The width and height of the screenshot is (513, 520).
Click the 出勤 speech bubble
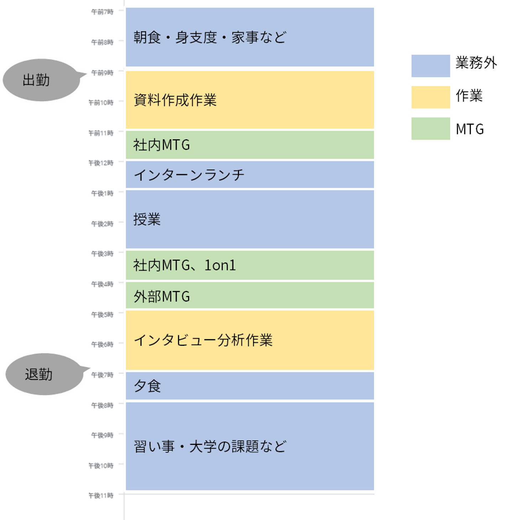(41, 80)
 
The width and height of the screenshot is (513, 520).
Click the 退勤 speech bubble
(43, 374)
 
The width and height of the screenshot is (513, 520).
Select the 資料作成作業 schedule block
(249, 100)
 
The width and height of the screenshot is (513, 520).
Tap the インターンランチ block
(249, 175)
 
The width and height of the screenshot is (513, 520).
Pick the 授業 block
(249, 219)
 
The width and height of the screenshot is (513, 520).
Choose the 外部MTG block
(249, 296)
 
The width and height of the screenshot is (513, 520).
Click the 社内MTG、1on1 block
(249, 265)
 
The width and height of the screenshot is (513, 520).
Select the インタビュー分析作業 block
(249, 340)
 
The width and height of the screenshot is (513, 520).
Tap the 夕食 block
(249, 386)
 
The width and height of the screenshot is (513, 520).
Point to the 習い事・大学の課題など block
(249, 446)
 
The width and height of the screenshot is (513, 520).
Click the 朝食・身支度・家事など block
(249, 37)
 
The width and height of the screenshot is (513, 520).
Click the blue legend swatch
(430, 66)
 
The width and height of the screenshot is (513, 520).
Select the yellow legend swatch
(430, 97)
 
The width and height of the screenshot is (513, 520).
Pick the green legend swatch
(430, 129)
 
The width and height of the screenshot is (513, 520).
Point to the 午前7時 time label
(102, 12)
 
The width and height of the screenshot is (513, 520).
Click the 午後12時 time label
(101, 163)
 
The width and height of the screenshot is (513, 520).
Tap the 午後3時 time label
(102, 254)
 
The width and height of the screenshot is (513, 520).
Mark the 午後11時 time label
(101, 495)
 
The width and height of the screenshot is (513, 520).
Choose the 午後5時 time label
(102, 314)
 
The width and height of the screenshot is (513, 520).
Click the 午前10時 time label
(101, 103)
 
